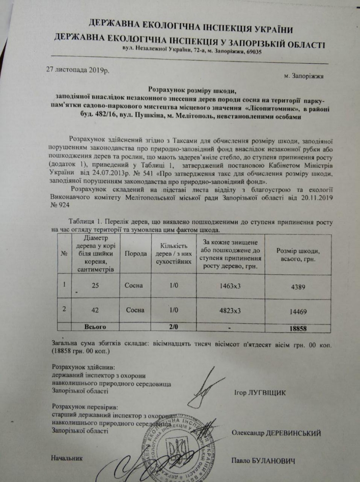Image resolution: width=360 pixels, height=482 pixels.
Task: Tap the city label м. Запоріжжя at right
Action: pyautogui.click(x=303, y=77)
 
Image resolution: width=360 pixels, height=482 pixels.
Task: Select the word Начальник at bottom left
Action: pyautogui.click(x=66, y=458)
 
